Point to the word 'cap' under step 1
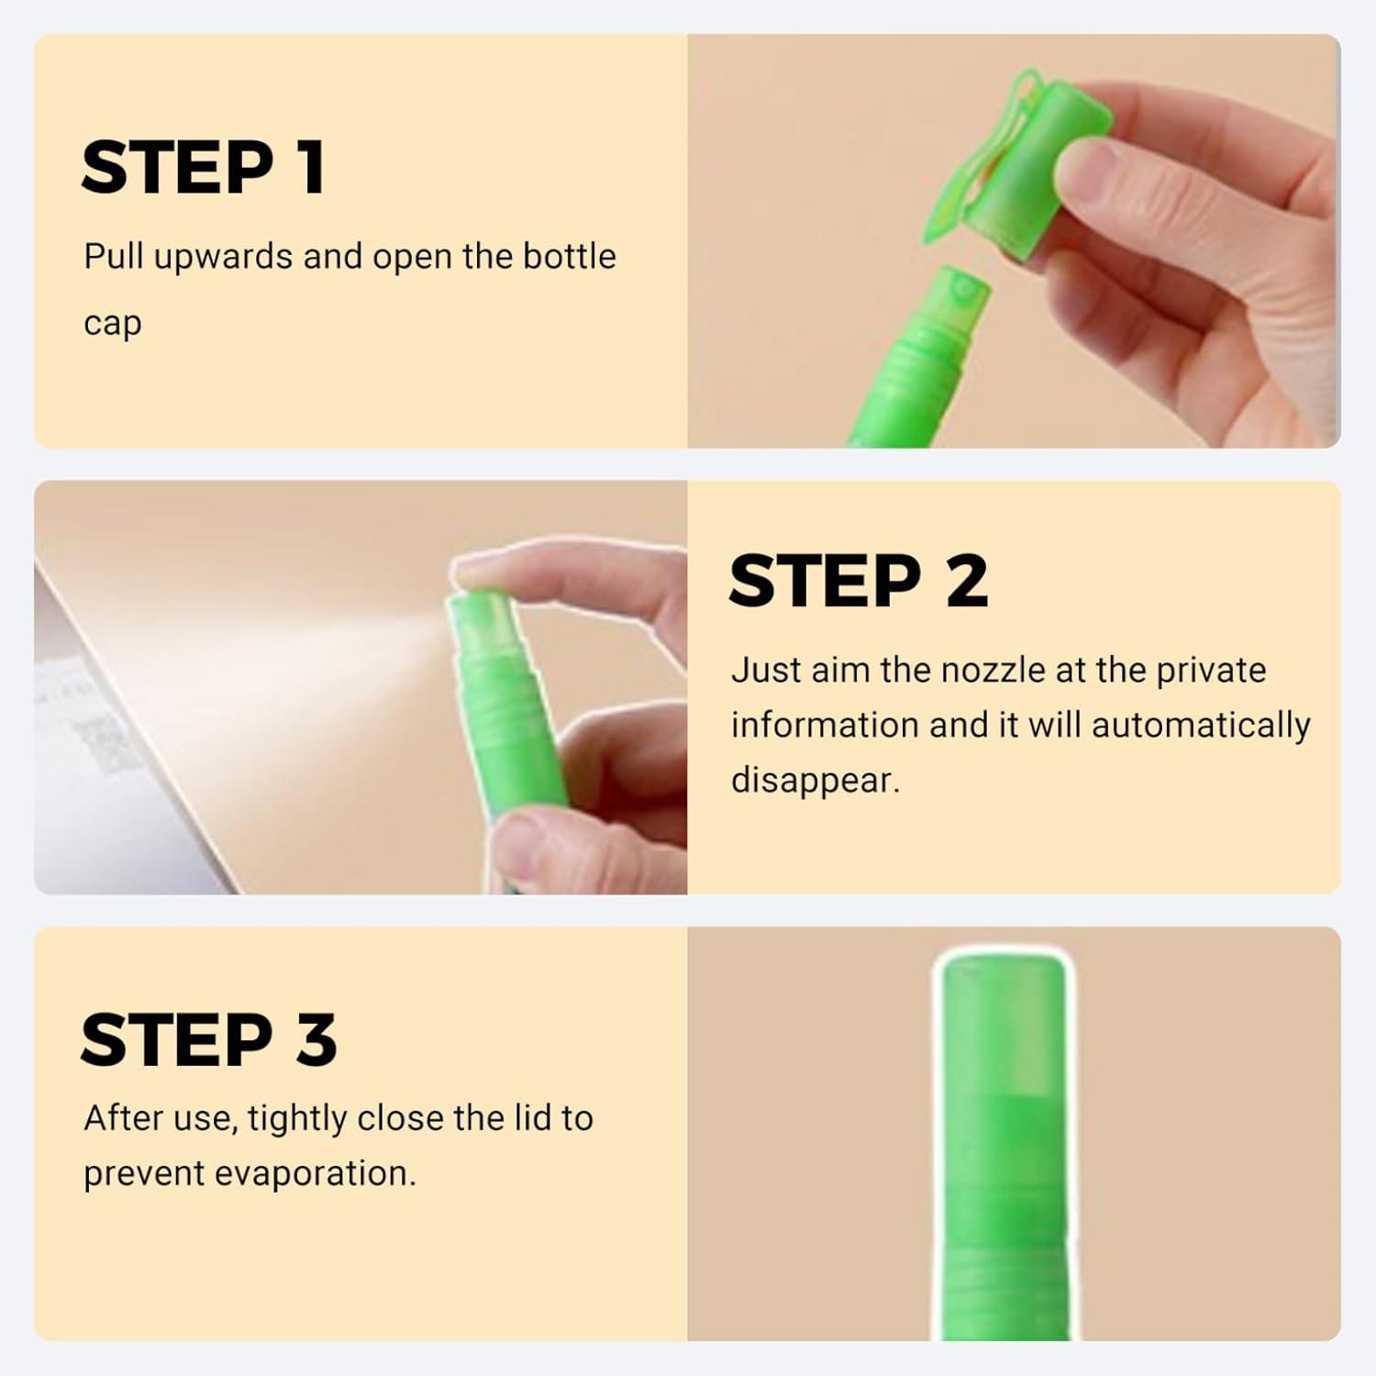112,325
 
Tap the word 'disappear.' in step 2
816,781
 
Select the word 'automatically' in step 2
1201,726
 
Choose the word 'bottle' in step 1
569,257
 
